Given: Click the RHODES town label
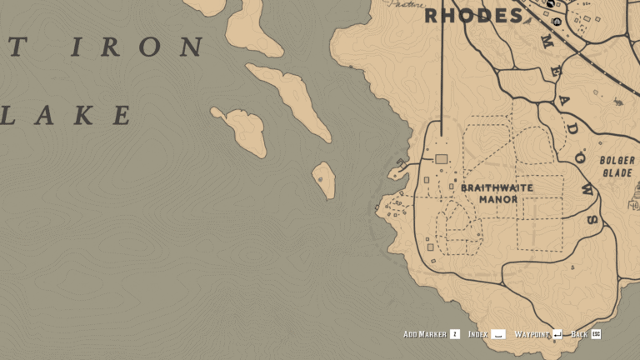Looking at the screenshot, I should point(474,15).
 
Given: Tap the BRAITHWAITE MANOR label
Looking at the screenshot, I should point(497,193).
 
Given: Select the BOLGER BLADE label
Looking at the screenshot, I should point(617,166).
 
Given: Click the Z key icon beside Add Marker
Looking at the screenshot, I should point(454,334).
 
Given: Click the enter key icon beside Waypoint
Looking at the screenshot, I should point(557,334).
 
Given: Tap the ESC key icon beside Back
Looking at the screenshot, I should point(596,334).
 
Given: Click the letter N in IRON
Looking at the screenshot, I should point(191,47).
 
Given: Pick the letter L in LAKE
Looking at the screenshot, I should point(8,115).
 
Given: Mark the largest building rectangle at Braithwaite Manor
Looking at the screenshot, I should point(442,158).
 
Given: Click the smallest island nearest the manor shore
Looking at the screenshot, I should point(323,179).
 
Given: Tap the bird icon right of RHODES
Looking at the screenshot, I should point(551,6).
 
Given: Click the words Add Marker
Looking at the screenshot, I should point(424,334).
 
